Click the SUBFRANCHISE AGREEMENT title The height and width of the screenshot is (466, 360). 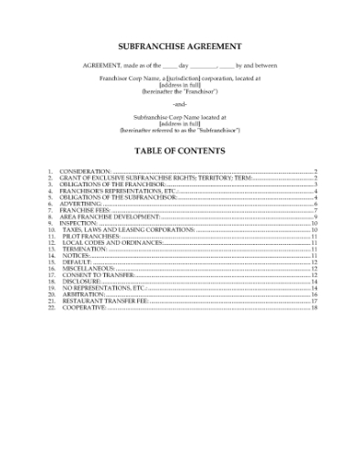coord(180,45)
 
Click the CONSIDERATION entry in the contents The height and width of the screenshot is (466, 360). coord(86,171)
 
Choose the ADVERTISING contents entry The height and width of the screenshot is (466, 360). coord(82,204)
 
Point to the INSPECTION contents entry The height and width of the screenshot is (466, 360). coord(79,223)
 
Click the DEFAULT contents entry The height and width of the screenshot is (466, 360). coord(75,262)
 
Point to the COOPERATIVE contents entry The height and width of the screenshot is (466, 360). coord(84,307)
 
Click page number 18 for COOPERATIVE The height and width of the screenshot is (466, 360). coord(313,307)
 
